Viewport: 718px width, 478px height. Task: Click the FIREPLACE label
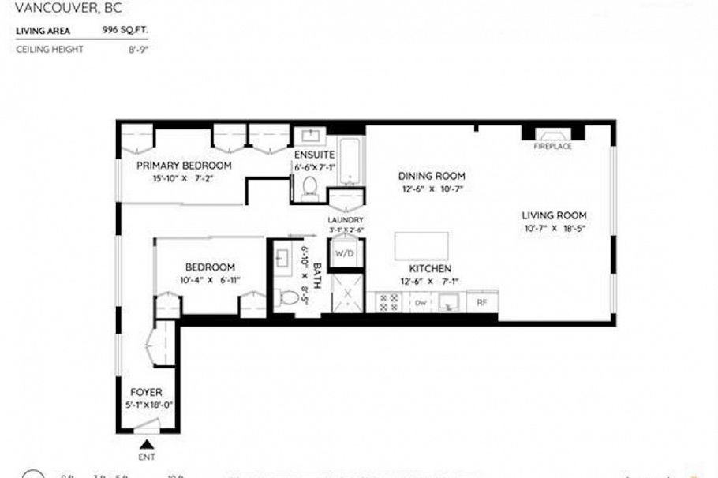coord(552,147)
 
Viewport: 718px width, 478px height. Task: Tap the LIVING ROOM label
coord(554,215)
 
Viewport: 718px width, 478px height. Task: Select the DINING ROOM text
coord(431,176)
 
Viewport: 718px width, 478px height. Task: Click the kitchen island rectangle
coord(421,246)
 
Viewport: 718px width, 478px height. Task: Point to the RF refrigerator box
coord(481,301)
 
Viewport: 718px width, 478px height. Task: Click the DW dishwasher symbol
coord(421,301)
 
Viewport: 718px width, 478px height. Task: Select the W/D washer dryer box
coord(343,254)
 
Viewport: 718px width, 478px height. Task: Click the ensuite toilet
coord(309,187)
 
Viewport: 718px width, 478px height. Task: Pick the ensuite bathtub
coord(352,160)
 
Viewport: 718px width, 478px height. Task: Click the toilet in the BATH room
coord(290,298)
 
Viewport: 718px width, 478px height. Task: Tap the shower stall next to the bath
coord(345,293)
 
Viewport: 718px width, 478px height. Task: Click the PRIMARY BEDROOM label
coord(184,166)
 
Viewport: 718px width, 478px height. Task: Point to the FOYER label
coord(147,392)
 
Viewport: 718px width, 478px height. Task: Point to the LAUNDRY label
coord(346,220)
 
